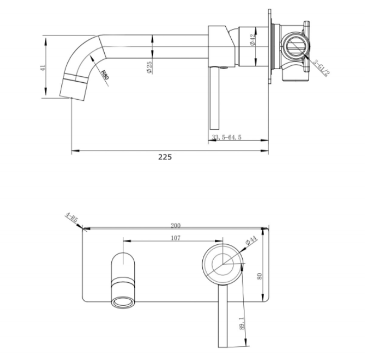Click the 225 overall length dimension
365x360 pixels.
pyautogui.click(x=165, y=156)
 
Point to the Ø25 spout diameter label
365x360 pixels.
pyautogui.click(x=150, y=68)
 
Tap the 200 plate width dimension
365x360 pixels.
pyautogui.click(x=176, y=225)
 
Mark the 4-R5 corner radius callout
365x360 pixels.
pyautogui.click(x=71, y=220)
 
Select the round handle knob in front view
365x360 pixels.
pyautogui.click(x=222, y=264)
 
